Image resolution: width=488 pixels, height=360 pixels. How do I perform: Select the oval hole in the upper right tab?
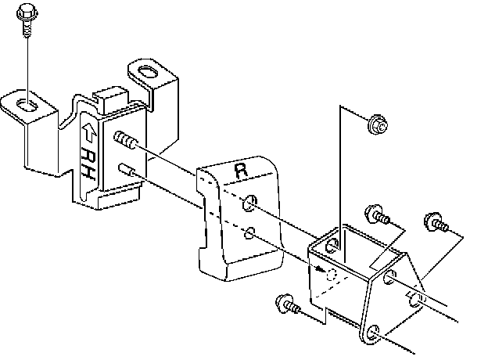(146, 71)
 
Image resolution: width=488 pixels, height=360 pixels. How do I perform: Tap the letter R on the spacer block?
(240, 168)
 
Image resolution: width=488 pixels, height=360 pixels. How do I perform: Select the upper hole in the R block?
(249, 203)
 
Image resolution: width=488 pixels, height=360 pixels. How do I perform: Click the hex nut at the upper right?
(378, 123)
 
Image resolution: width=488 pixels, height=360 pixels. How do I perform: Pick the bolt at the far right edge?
(434, 222)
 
